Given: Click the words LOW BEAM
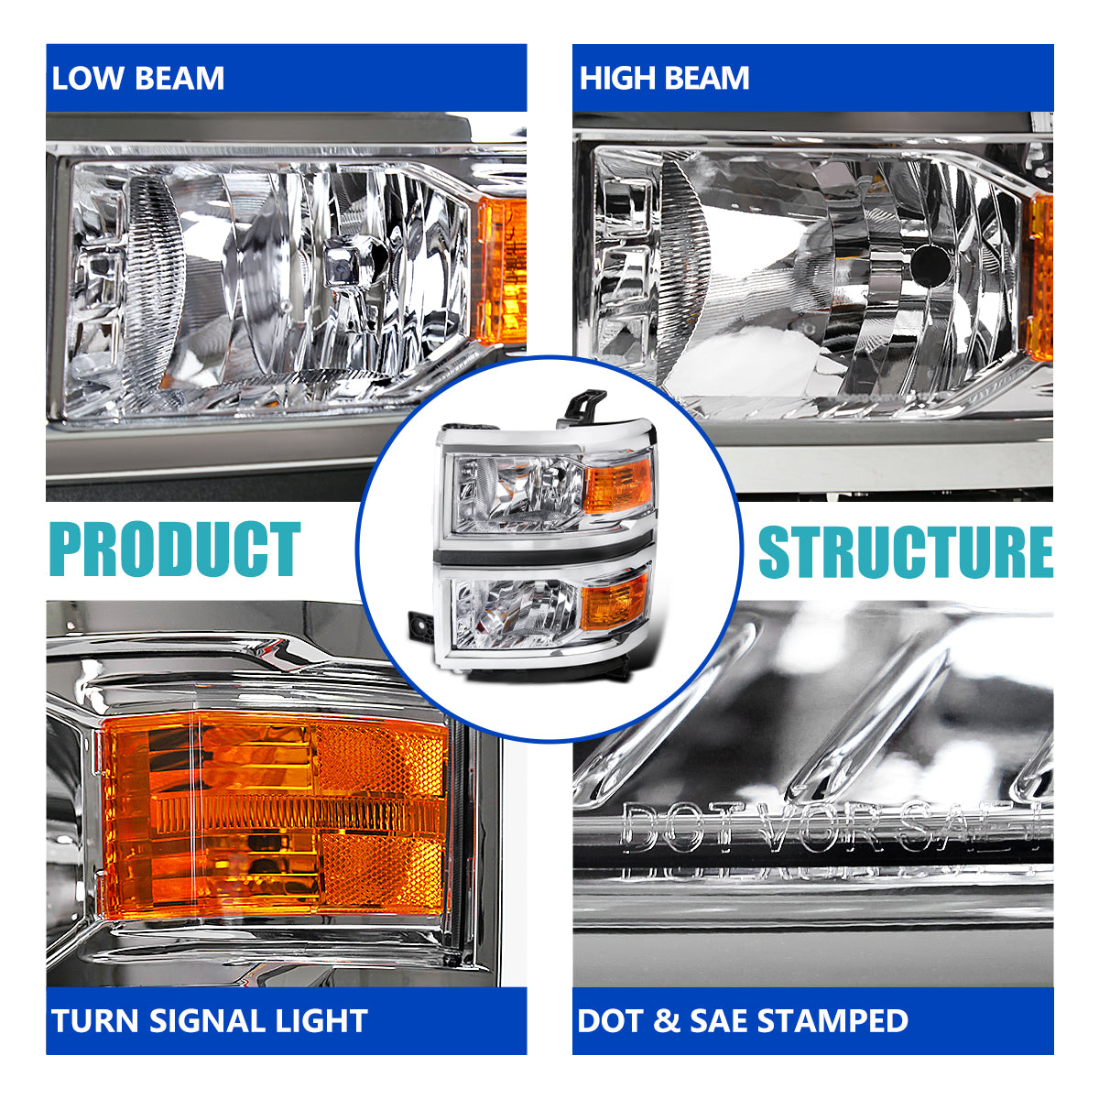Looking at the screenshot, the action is coord(137,78).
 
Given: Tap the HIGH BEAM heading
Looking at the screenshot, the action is coord(664,78).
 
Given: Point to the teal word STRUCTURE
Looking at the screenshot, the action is coord(906,552).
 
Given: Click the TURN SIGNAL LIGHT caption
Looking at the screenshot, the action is coord(210,1021).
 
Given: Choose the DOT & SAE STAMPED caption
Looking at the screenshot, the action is coord(743,1021).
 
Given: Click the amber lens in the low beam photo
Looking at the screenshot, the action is coord(501,271).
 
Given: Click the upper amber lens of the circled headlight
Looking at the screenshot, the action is coord(619,486).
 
